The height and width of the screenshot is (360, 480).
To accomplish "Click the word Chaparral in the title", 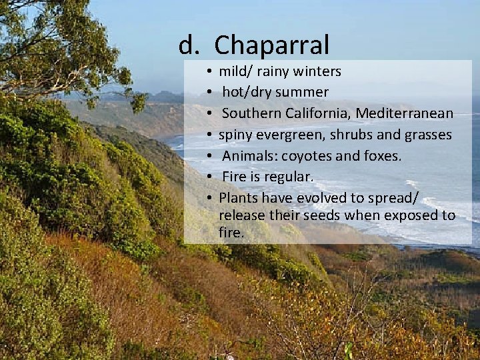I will (x=271, y=45).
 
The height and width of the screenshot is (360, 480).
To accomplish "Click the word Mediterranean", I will (x=404, y=113).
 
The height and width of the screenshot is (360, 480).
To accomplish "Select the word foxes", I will (x=379, y=156).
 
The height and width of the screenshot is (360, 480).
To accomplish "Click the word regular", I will (x=289, y=177).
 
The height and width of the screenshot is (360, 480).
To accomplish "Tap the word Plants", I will (x=238, y=198).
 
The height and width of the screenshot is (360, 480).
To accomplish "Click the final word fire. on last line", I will (x=231, y=233).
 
